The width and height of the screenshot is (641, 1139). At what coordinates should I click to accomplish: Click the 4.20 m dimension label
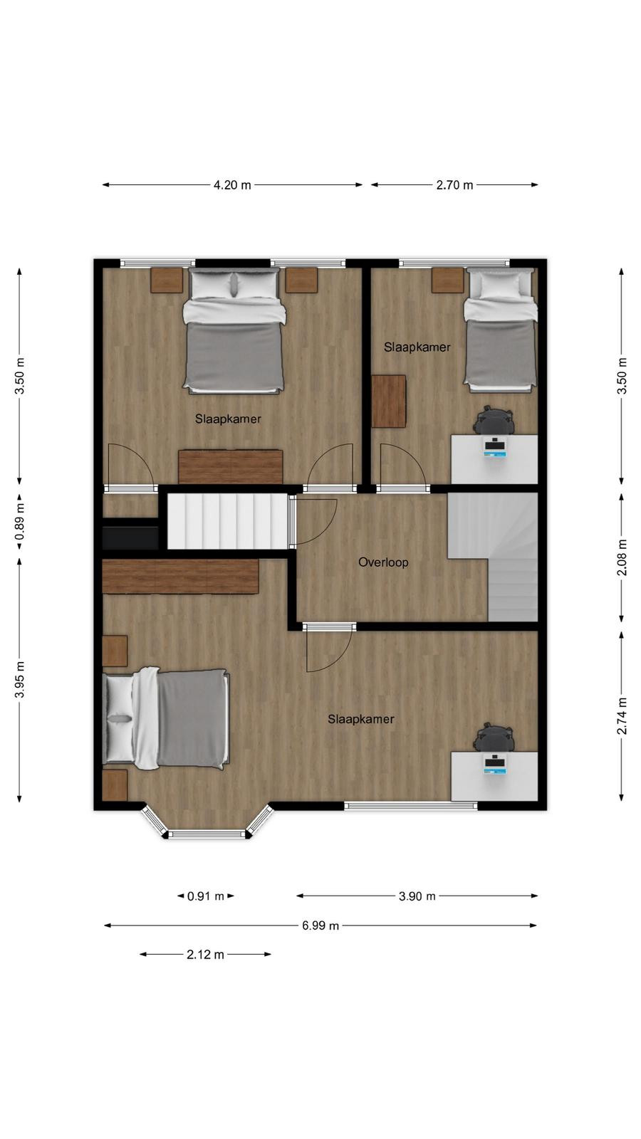click(x=232, y=185)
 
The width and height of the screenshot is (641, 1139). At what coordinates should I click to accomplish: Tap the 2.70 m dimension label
click(x=455, y=185)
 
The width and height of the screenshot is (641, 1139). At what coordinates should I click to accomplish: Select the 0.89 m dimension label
click(x=19, y=523)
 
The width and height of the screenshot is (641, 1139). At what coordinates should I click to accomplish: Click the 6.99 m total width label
click(x=320, y=925)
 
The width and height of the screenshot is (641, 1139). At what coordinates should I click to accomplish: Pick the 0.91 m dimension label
click(x=206, y=896)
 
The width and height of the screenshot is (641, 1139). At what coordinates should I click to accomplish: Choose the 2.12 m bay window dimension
click(x=206, y=955)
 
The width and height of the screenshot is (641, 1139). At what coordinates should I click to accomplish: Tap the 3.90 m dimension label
click(x=417, y=896)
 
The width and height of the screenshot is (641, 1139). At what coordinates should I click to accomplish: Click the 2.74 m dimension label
click(x=622, y=716)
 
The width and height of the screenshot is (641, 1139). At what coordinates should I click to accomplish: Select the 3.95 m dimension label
click(x=19, y=680)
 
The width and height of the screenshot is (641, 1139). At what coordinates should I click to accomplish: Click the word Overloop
click(x=383, y=562)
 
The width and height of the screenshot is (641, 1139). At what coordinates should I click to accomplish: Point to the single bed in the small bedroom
click(x=501, y=330)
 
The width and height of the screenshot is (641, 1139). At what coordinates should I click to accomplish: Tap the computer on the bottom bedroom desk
click(x=495, y=765)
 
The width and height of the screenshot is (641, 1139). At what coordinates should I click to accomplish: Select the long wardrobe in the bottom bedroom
click(x=181, y=576)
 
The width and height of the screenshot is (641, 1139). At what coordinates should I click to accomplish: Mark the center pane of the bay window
click(x=207, y=834)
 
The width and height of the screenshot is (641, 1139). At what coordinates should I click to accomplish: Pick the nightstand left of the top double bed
click(x=167, y=280)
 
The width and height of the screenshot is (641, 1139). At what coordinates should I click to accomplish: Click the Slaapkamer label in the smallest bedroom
click(x=417, y=347)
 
